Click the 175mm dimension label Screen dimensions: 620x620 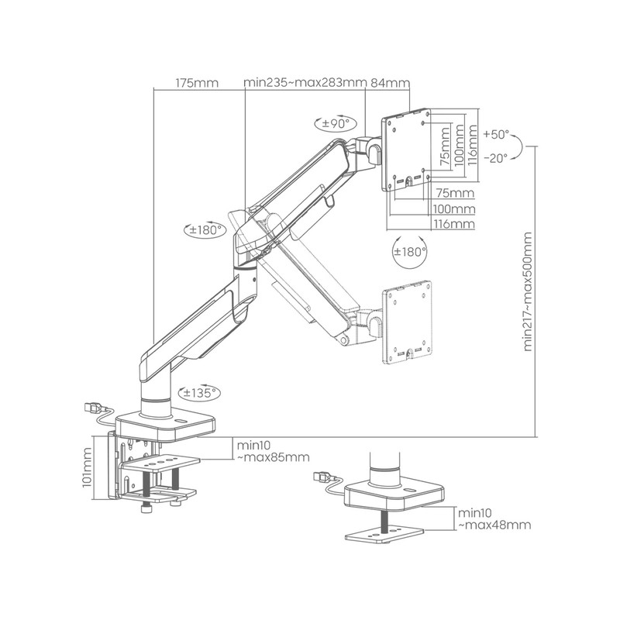tap(197, 83)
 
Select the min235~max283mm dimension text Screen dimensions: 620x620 tap(305, 83)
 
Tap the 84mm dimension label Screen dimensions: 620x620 tap(391, 83)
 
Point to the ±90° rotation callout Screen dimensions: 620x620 tap(336, 124)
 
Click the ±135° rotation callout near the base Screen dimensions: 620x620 tap(199, 393)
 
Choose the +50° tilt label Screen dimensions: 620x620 tap(496, 134)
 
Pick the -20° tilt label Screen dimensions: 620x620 tap(496, 159)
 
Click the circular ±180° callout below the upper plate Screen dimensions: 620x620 tap(410, 251)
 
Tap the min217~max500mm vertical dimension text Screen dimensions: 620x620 tap(528, 291)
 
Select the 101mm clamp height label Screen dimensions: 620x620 tap(87, 467)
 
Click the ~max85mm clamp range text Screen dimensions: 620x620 tap(273, 457)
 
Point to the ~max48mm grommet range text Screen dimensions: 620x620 tap(494, 525)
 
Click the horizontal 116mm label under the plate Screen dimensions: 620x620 tap(454, 224)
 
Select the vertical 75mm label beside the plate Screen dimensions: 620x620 tap(445, 146)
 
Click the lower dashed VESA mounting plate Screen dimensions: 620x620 tap(407, 322)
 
